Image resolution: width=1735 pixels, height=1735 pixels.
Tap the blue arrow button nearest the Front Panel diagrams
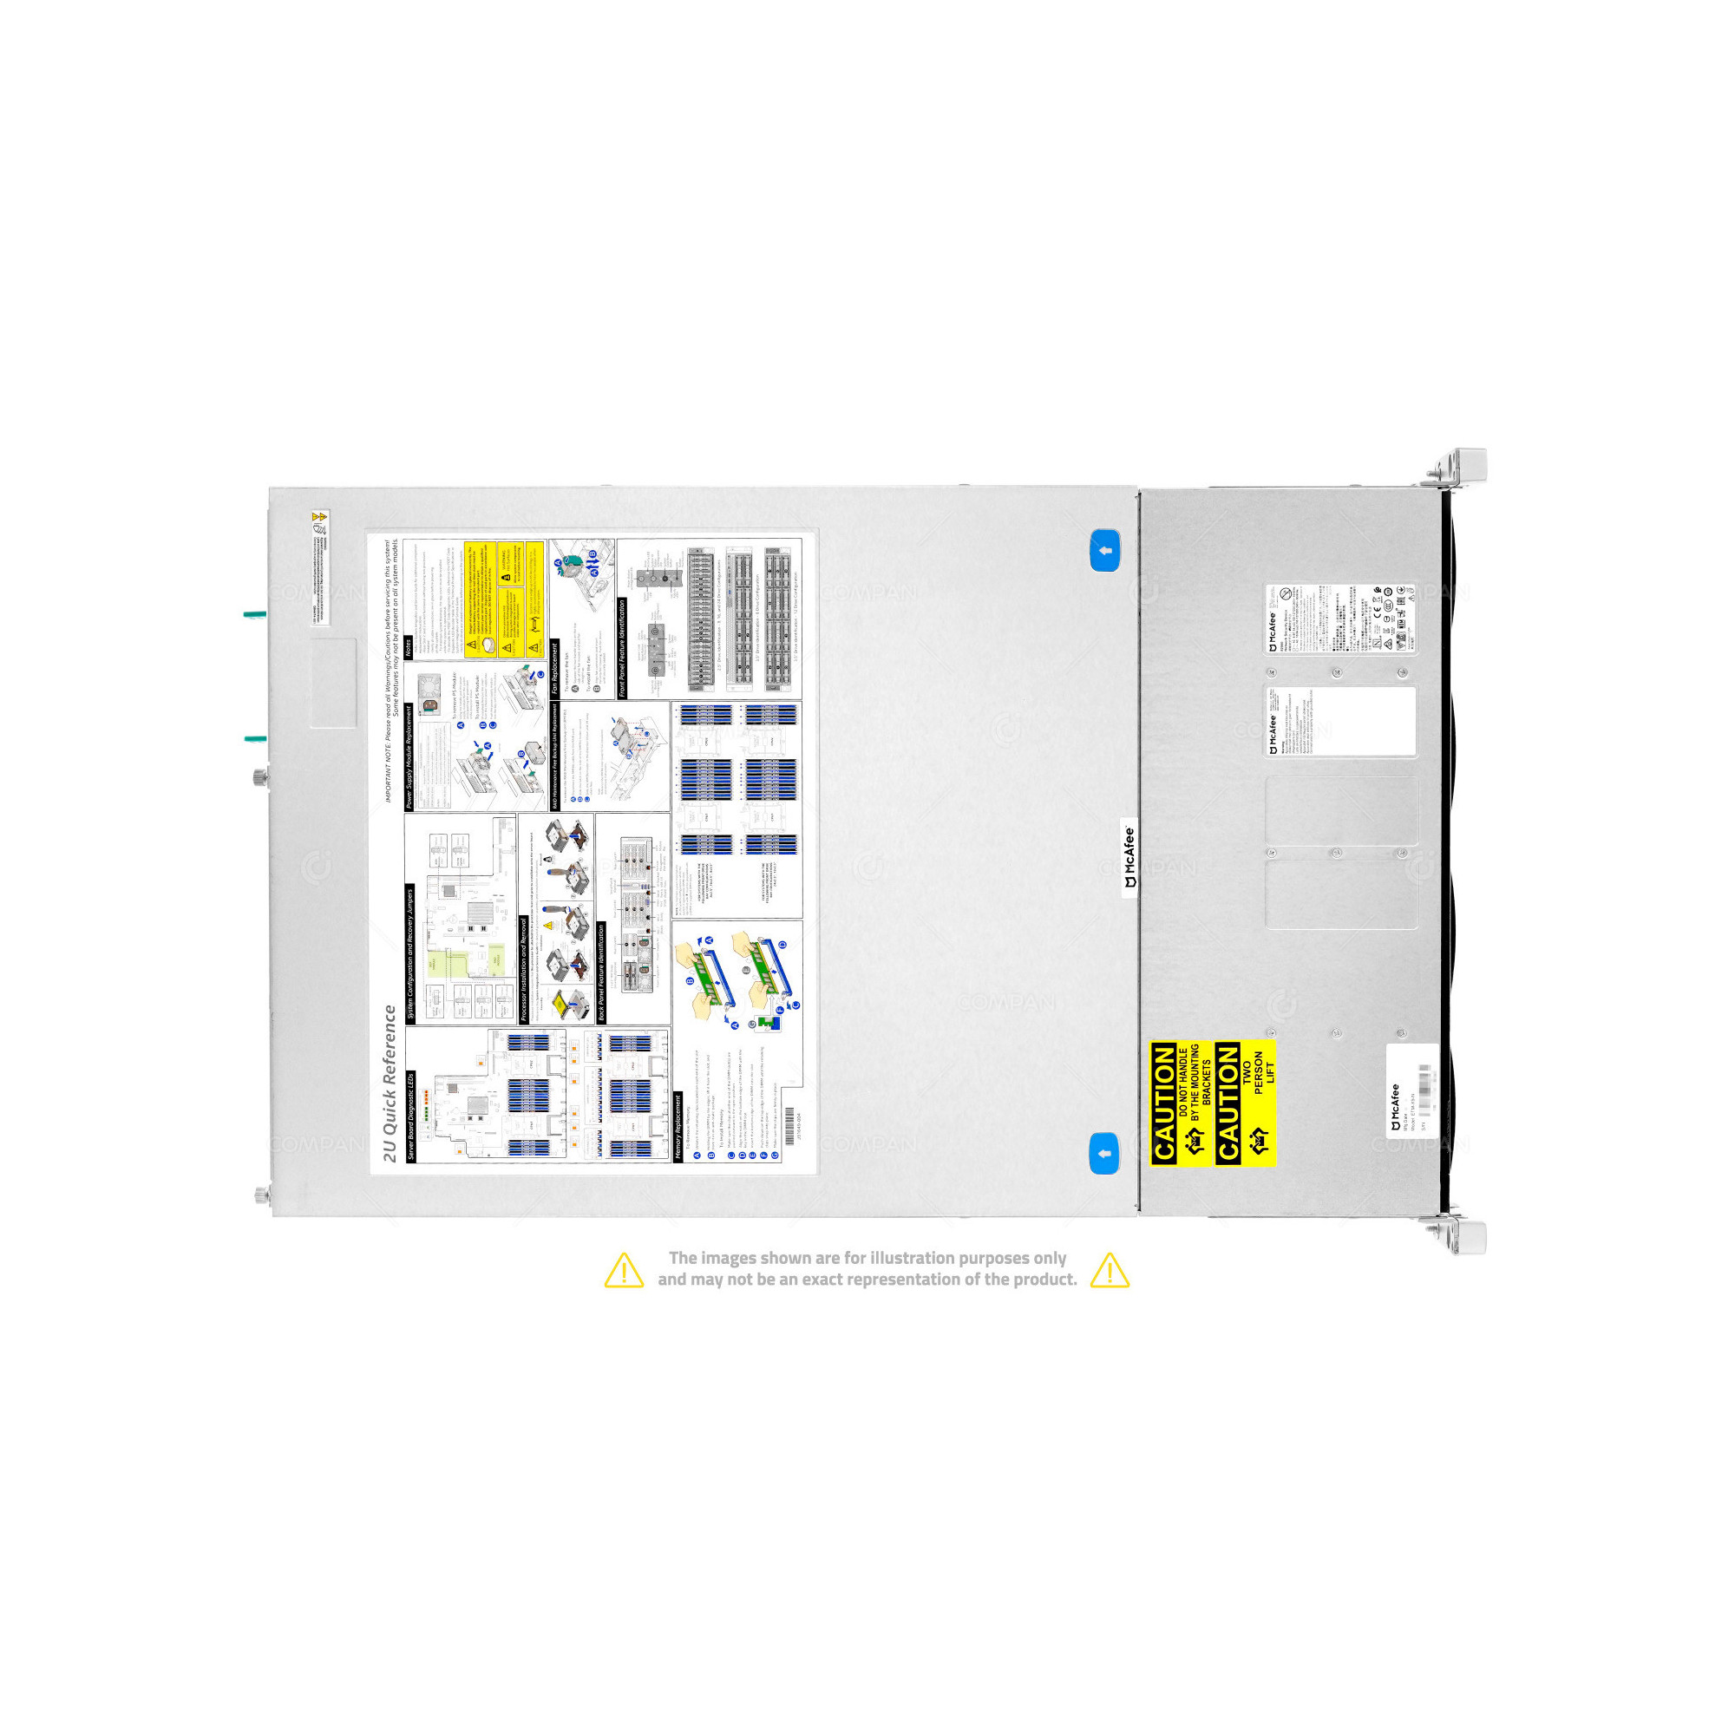[x=1104, y=551]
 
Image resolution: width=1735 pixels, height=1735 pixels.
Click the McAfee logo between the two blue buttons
[x=1129, y=857]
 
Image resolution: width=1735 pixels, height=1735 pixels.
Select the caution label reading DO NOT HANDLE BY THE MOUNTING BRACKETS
[x=1181, y=1103]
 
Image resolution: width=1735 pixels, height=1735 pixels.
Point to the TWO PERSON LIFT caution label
[x=1246, y=1103]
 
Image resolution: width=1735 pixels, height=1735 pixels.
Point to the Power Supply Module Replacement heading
[x=409, y=756]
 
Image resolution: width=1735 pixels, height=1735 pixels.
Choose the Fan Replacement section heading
[x=554, y=668]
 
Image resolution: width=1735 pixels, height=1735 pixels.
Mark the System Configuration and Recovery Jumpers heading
[x=410, y=953]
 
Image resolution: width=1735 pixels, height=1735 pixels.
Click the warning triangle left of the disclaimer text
[x=623, y=1270]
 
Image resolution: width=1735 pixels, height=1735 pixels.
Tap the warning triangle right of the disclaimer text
[x=1109, y=1270]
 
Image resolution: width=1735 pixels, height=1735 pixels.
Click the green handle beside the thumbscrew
[x=255, y=739]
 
